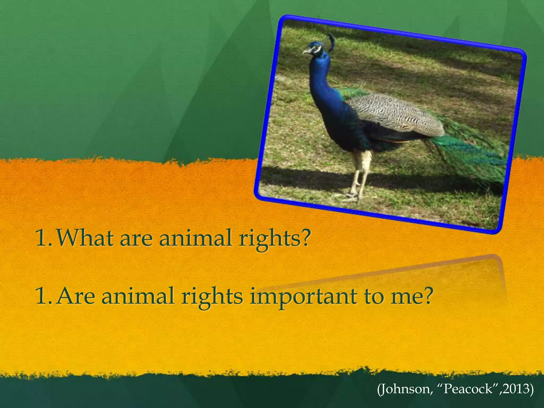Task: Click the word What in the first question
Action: tap(85, 238)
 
